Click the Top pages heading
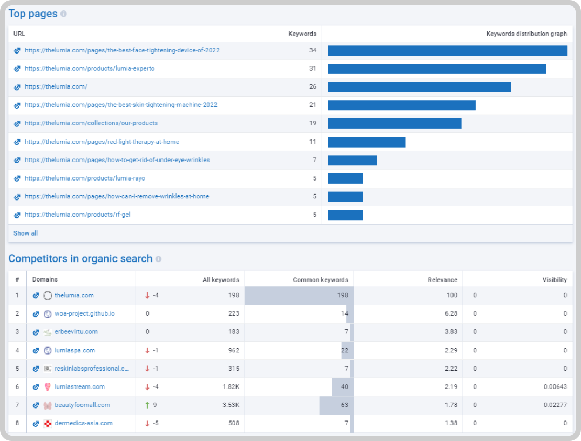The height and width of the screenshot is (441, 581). tap(33, 14)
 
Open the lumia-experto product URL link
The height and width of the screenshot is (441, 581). tap(90, 69)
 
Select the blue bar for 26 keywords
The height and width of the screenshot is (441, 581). tap(419, 87)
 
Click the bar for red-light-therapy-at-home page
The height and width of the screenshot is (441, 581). tap(367, 142)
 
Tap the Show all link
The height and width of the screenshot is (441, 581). tap(25, 233)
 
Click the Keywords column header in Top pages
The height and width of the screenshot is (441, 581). tap(302, 34)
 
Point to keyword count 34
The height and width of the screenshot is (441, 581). tap(313, 50)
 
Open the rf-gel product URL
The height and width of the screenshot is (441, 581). tap(77, 215)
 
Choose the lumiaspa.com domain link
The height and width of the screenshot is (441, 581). tap(75, 351)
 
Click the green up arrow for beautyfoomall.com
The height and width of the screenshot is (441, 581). tap(147, 405)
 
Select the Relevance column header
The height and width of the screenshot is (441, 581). tap(442, 280)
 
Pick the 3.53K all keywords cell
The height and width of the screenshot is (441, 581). tap(231, 405)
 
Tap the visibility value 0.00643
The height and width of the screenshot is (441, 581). tap(555, 387)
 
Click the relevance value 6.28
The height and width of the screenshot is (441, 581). tap(451, 314)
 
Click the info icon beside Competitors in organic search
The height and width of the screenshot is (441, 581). tap(159, 259)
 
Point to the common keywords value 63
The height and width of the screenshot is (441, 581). tap(344, 405)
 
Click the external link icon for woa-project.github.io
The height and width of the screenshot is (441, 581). tap(36, 314)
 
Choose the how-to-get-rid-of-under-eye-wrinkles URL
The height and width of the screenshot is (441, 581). tap(117, 160)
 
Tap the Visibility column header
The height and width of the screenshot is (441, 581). tap(555, 280)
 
